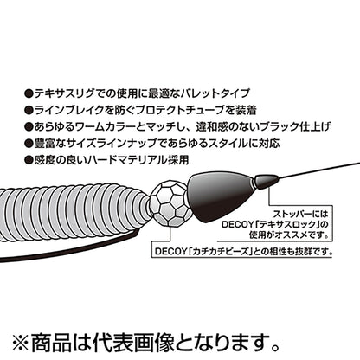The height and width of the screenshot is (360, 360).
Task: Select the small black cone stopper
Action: pos(266,181)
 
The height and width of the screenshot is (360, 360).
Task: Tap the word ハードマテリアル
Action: pos(128,160)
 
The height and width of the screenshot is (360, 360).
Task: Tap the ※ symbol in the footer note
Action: pos(21,343)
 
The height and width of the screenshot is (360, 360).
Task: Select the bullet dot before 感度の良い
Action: pos(29,160)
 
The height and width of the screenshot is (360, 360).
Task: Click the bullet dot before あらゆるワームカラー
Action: pos(29,127)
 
